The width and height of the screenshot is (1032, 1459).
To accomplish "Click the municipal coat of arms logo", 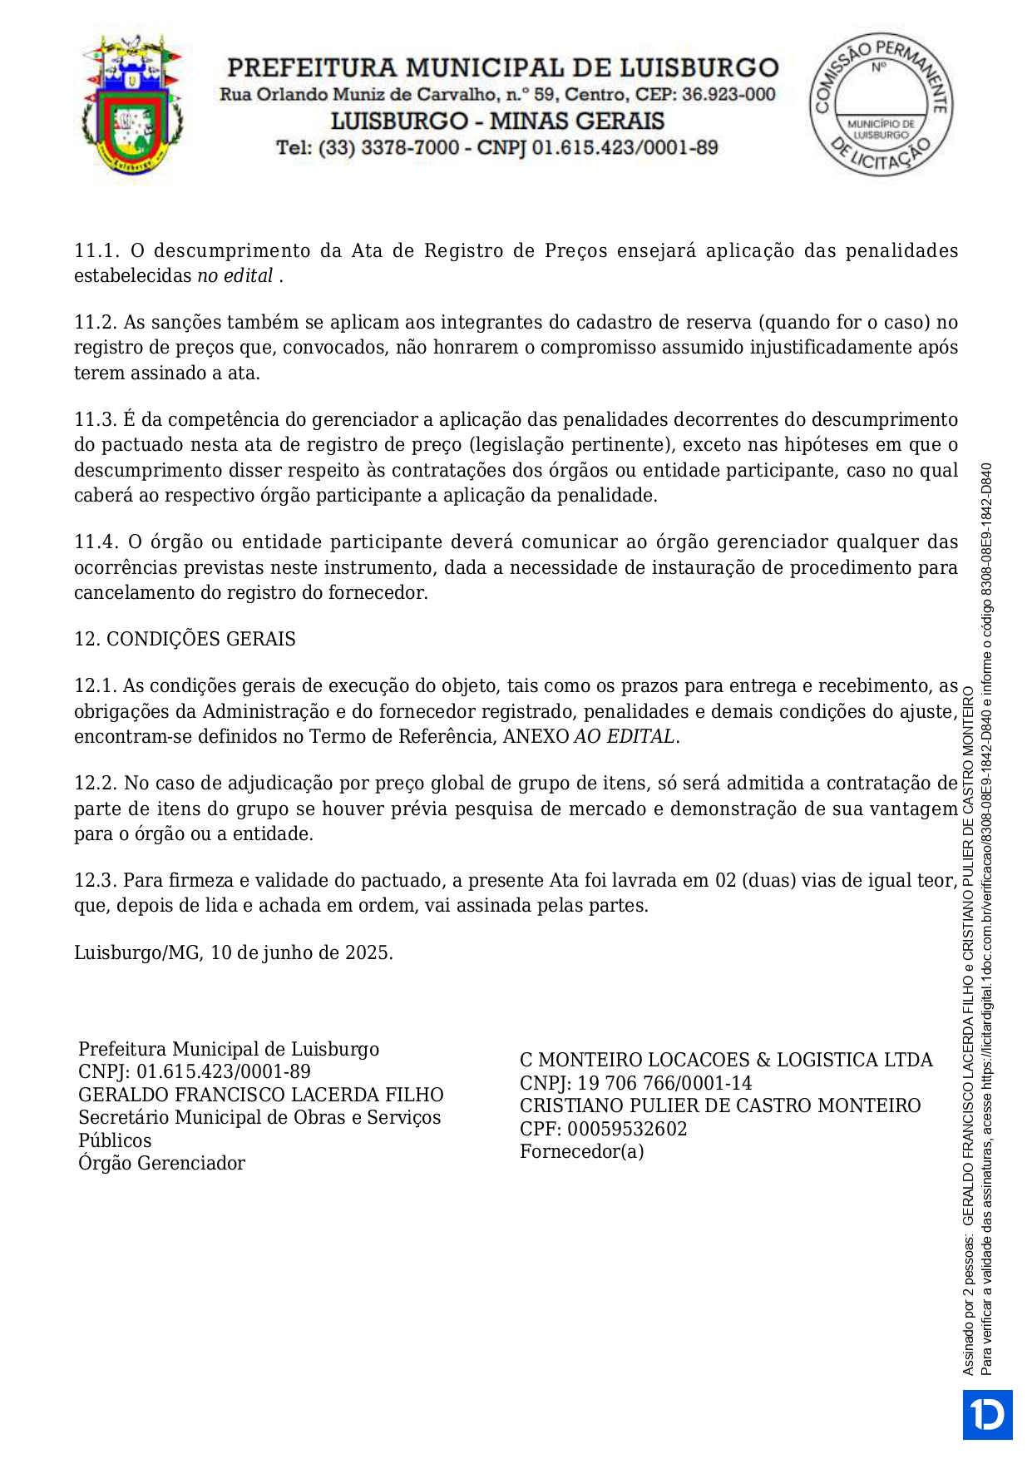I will click(131, 104).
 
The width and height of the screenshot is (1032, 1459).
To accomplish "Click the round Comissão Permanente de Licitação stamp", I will click(881, 105).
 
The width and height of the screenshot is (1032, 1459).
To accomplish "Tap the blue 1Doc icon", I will click(987, 1414).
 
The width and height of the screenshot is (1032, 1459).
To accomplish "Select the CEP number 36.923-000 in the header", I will click(728, 95).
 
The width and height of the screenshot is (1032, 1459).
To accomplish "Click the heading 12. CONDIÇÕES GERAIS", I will click(185, 639).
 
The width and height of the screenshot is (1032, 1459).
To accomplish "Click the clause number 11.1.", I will click(96, 251).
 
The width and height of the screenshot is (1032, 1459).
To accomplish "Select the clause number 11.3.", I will click(96, 420).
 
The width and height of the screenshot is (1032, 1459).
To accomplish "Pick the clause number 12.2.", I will click(96, 784).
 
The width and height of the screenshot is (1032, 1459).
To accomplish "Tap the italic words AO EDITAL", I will click(624, 737).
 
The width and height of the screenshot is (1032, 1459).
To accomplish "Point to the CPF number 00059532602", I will click(627, 1129).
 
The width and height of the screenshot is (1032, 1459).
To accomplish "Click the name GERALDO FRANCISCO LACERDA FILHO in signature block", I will click(261, 1095).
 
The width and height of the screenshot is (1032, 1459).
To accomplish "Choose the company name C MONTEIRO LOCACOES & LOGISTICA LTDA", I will click(726, 1060).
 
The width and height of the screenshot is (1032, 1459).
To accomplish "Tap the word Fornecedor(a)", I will click(581, 1151).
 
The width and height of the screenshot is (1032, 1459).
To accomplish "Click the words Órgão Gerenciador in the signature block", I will click(161, 1163).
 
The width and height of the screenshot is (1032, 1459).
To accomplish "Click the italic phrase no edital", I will click(235, 276).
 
